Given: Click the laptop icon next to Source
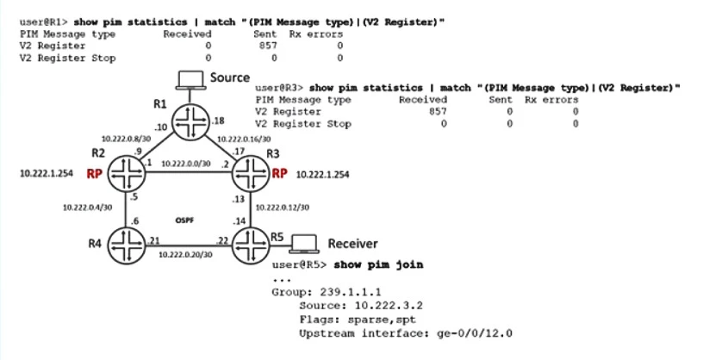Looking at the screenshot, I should (186, 80).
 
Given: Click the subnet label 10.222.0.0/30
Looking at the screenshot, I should (187, 163).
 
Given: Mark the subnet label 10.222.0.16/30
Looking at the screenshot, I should (246, 137).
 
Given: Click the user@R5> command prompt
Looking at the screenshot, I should (295, 264).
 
